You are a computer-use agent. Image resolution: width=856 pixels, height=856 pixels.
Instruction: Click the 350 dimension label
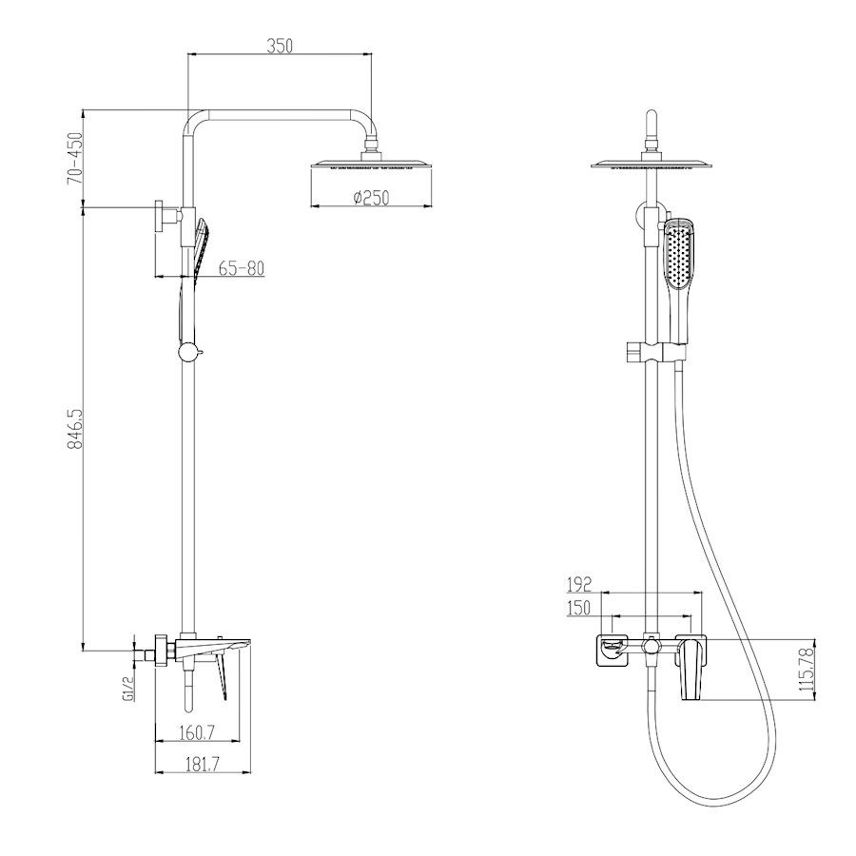[280, 46]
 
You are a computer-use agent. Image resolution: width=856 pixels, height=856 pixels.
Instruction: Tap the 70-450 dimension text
[75, 158]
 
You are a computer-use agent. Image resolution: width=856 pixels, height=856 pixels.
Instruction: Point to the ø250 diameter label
[371, 197]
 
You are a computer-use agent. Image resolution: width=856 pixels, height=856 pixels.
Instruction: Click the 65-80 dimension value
[242, 268]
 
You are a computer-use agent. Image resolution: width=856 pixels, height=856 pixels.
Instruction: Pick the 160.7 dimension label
[198, 732]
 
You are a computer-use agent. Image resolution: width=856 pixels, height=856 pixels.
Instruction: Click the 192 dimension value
[579, 585]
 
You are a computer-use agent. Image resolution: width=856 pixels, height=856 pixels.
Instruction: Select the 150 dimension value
[579, 608]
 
